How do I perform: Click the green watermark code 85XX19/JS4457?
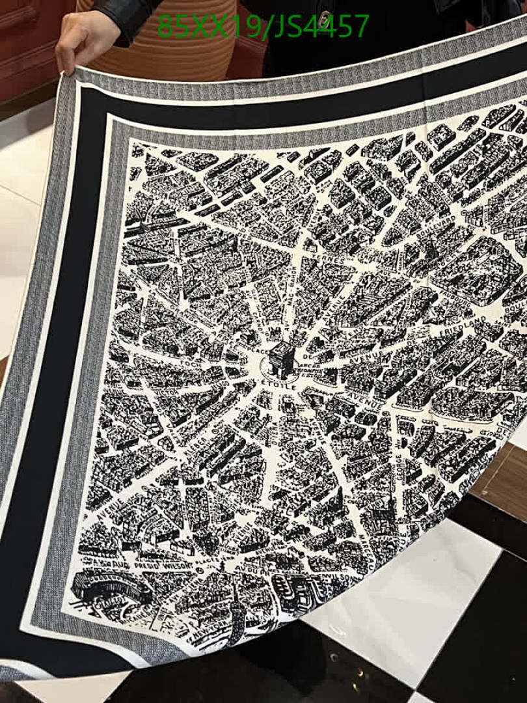(263, 26)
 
